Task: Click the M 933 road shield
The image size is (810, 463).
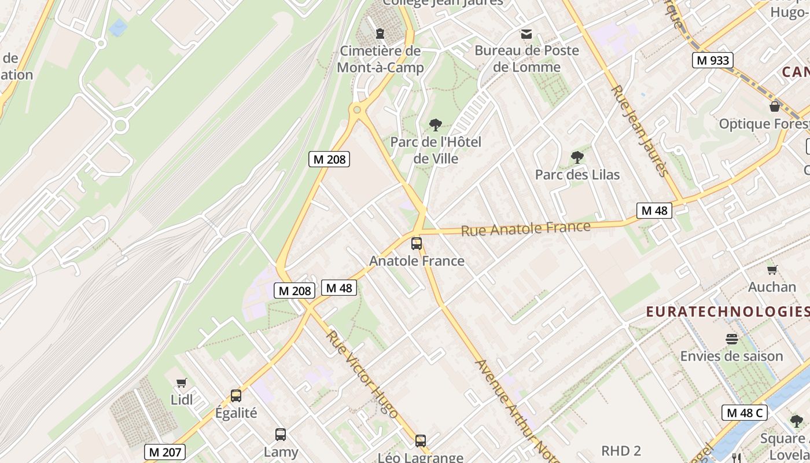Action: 713,60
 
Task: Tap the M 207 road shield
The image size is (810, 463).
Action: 165,452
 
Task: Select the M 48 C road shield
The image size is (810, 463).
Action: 745,413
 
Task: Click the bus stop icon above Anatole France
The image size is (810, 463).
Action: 417,244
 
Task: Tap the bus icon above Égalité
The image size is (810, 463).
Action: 236,396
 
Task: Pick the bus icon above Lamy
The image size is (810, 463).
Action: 281,434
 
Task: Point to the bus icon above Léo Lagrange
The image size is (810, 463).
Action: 421,440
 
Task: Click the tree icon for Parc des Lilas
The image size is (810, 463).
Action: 577,157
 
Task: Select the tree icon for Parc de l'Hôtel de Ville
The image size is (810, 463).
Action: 436,124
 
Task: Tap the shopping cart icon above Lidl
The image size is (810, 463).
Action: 182,383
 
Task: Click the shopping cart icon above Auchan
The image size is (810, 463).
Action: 772,270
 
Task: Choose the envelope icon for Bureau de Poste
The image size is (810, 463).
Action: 526,34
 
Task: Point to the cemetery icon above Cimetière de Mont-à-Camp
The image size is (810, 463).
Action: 380,34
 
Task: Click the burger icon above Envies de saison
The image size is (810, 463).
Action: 731,339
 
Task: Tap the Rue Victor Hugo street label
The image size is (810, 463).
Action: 362,374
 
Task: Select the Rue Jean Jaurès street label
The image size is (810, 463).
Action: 640,130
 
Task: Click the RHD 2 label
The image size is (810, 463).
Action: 621,451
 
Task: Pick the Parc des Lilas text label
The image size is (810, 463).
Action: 577,175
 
